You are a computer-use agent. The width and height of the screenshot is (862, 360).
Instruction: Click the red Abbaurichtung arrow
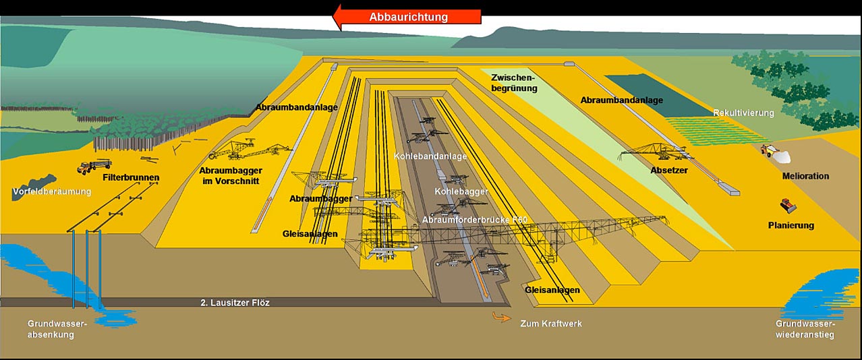(407, 18)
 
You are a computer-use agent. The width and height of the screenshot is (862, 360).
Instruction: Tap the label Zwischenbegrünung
(514, 83)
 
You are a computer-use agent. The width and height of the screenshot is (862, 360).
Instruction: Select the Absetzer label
(669, 170)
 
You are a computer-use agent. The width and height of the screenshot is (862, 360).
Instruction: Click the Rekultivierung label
(743, 113)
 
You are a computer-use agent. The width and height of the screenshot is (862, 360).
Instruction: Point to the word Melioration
(805, 176)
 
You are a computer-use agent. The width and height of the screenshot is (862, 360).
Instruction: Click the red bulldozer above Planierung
(788, 205)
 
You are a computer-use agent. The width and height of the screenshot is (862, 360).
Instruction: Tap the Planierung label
(791, 226)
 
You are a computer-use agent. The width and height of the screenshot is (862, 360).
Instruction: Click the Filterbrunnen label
(131, 178)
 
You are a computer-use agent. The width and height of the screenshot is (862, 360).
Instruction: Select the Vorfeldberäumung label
(52, 191)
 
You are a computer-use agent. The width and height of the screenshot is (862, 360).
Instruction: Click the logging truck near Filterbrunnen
(94, 166)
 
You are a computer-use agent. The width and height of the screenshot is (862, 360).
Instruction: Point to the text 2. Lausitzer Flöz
(235, 303)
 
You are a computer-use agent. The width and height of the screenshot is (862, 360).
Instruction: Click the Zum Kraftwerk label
(551, 324)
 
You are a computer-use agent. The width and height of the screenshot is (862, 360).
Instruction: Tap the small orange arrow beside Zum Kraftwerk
(502, 318)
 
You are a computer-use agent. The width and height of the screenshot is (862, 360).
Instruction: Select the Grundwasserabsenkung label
(57, 329)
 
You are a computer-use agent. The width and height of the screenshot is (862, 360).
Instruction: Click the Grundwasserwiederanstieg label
(805, 329)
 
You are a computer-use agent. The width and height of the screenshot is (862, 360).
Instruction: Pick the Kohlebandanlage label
(430, 156)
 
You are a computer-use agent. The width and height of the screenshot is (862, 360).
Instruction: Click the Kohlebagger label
(461, 191)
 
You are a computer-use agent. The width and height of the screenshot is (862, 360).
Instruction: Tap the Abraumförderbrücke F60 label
(474, 220)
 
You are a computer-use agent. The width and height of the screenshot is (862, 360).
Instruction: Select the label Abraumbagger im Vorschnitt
(231, 176)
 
